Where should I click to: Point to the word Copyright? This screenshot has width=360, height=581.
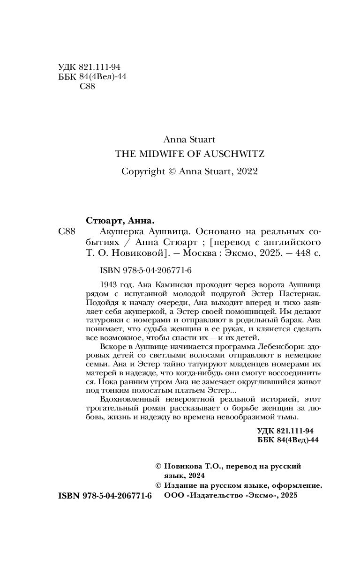(x=142, y=171)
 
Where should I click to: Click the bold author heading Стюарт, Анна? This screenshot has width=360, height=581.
(x=120, y=221)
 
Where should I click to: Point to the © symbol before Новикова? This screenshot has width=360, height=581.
(x=158, y=467)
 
